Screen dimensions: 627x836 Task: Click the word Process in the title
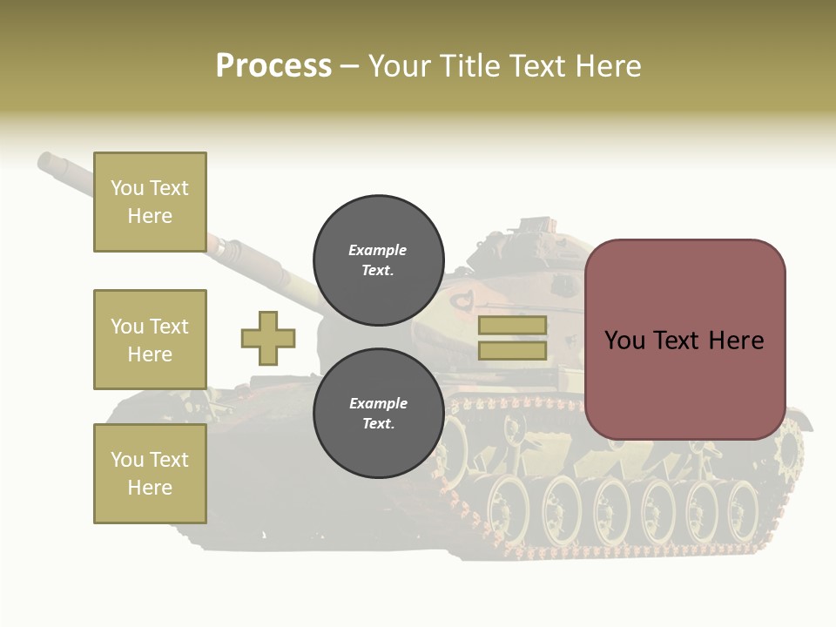coord(273,66)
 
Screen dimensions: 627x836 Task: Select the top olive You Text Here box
coord(150,202)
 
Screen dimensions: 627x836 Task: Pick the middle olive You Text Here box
coord(150,340)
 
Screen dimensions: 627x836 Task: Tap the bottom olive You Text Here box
coord(150,474)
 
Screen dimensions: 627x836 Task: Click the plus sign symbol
coord(268,338)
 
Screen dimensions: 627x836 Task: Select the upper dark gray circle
coord(378,260)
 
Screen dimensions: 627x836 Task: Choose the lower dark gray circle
coord(378,413)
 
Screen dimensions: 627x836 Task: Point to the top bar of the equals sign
coord(512,326)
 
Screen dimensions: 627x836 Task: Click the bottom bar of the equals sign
coord(512,350)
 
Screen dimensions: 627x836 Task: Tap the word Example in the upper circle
coord(378,250)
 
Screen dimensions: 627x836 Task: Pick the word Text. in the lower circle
coord(378,424)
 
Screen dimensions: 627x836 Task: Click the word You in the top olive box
coord(126,188)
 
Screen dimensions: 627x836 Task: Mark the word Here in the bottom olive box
coord(150,488)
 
